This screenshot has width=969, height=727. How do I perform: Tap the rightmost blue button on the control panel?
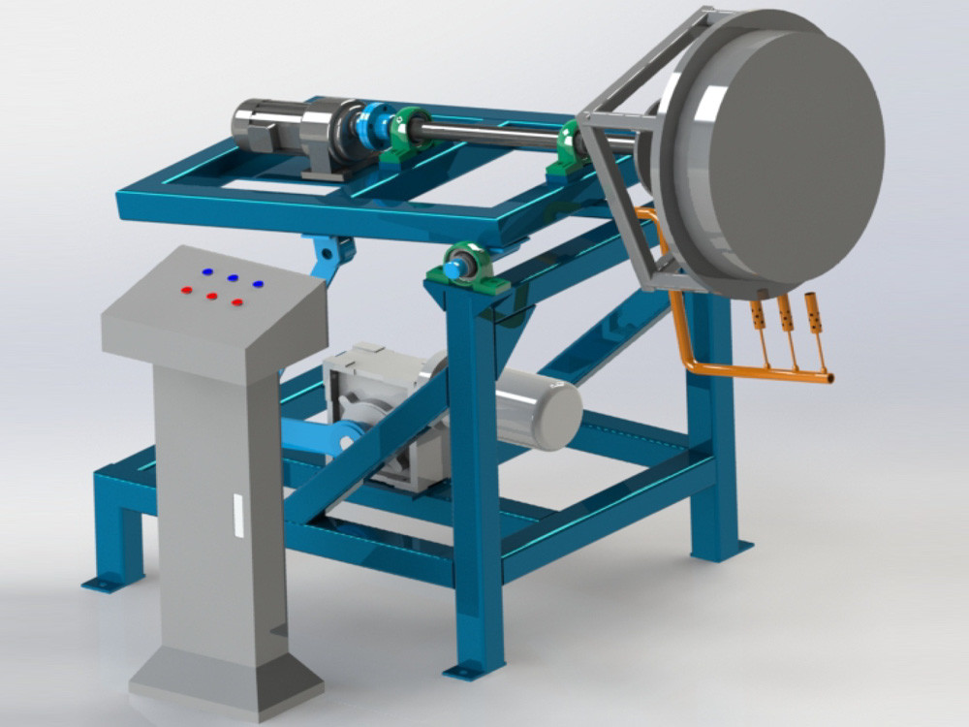pyautogui.click(x=258, y=284)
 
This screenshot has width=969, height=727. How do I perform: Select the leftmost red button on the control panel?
pyautogui.click(x=186, y=288)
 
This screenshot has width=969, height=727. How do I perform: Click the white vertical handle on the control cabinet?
pyautogui.click(x=235, y=514)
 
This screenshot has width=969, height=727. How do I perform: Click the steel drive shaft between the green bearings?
pyautogui.click(x=494, y=134)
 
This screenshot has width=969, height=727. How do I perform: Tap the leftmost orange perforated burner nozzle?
pyautogui.click(x=756, y=315)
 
